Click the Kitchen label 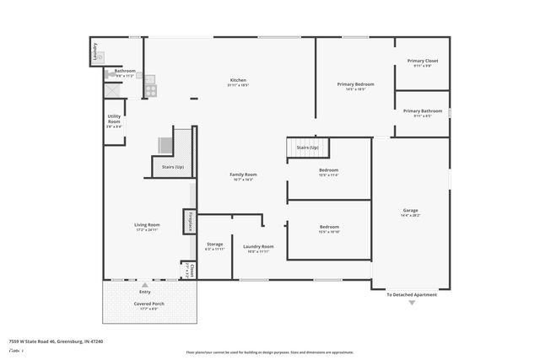click(x=237, y=80)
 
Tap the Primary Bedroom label click(x=355, y=84)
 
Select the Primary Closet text click(x=422, y=61)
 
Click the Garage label click(x=410, y=210)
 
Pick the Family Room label click(x=243, y=175)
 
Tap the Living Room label click(x=147, y=225)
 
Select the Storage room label click(x=214, y=244)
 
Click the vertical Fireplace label click(x=190, y=222)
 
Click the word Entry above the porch click(x=145, y=292)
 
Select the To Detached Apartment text click(x=412, y=294)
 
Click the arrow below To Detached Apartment click(x=412, y=303)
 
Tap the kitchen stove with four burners click(x=149, y=83)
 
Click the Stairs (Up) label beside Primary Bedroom click(x=307, y=148)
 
